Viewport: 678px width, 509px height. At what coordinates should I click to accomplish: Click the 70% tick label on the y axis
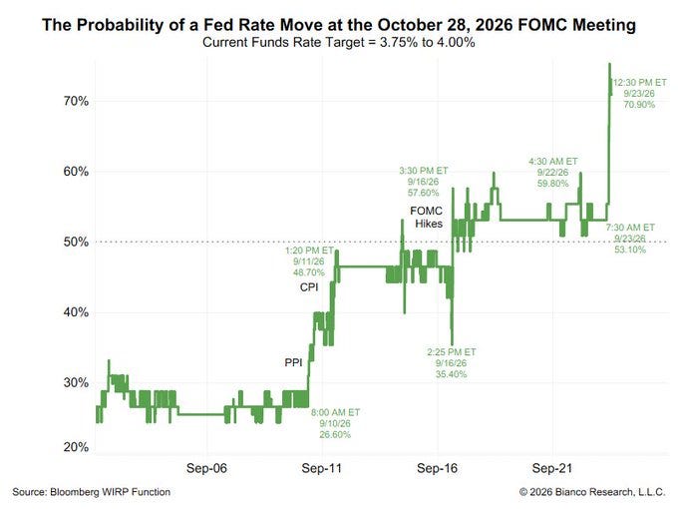point(76,101)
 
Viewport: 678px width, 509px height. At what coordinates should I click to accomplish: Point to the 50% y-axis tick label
point(76,242)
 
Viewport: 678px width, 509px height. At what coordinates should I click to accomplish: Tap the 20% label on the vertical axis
point(76,447)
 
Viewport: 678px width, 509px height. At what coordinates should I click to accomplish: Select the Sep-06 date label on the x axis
point(206,468)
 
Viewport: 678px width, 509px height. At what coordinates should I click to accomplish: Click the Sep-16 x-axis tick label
point(437,468)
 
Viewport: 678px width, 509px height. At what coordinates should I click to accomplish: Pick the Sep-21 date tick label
point(552,468)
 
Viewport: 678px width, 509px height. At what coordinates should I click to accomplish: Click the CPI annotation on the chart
point(309,287)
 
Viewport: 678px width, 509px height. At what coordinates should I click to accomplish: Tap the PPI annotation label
point(293,362)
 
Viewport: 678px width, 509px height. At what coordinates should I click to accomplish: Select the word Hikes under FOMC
point(429,224)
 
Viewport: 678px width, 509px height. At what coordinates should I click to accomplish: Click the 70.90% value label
point(639,105)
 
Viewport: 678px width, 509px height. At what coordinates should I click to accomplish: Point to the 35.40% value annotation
point(451,374)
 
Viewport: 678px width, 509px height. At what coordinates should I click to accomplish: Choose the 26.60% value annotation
point(335,434)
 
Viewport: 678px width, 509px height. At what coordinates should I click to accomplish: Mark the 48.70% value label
point(309,272)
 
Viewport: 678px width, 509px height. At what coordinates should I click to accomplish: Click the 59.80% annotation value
point(553,184)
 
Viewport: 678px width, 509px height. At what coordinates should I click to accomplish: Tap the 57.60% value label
point(424,193)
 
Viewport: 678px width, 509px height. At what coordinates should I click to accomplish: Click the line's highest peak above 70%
point(609,64)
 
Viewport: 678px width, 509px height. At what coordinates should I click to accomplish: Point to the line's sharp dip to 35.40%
point(453,343)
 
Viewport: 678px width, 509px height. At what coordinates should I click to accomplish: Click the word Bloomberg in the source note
point(75,492)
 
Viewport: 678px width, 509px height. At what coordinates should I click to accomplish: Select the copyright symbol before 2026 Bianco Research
point(523,492)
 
